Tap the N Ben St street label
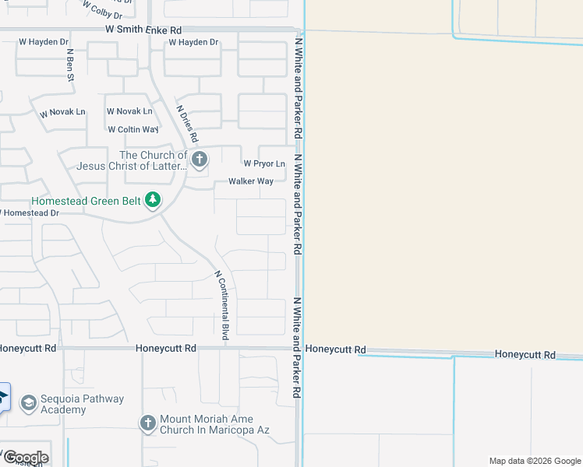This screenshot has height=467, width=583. click(70, 65)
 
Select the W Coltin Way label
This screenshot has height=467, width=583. click(133, 129)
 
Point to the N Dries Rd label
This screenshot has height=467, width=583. click(187, 125)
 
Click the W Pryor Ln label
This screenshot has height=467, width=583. click(264, 163)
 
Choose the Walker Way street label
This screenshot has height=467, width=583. click(251, 181)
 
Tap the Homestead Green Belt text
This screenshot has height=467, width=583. click(86, 201)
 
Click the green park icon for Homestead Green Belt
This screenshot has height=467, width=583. click(154, 201)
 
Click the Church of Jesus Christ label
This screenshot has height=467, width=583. click(131, 160)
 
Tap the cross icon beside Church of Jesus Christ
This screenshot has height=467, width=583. click(200, 160)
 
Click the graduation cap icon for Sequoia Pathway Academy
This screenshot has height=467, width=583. click(29, 403)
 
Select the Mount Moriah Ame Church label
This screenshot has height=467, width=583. click(214, 424)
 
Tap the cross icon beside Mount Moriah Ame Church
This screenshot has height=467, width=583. click(148, 423)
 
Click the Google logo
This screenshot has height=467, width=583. click(25, 457)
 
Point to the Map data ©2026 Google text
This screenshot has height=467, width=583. click(535, 461)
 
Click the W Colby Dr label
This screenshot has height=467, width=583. click(103, 10)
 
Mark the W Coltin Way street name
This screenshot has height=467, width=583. click(133, 129)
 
